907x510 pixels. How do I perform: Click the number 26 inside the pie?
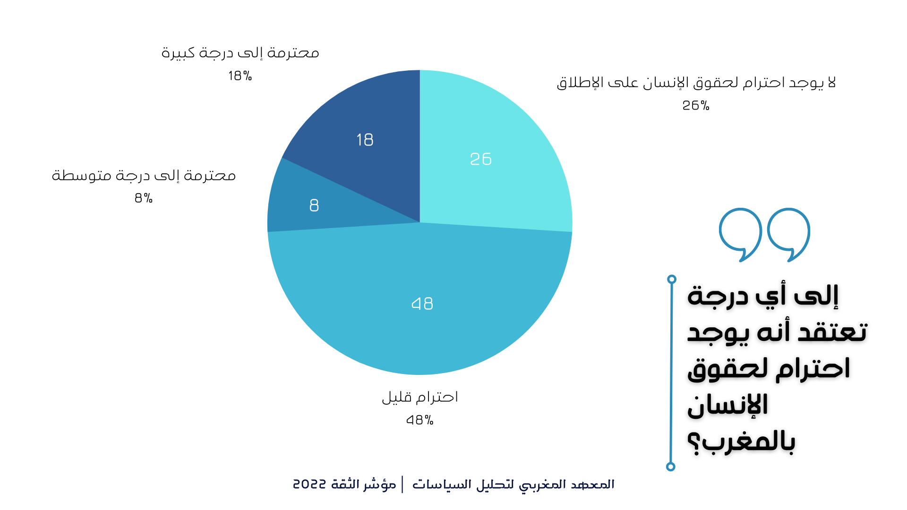(x=481, y=159)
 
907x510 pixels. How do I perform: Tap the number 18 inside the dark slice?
(x=365, y=140)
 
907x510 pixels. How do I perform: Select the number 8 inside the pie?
(x=314, y=205)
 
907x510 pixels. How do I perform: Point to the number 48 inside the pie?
(x=422, y=303)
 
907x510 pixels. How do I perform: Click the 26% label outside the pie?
(x=696, y=105)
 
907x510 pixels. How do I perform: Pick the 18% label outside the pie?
(x=240, y=76)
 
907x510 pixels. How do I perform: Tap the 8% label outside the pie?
(x=144, y=198)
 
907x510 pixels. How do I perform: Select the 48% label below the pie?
(x=419, y=420)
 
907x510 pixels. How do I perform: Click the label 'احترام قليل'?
(x=420, y=397)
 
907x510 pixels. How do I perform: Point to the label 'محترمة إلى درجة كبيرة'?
(x=240, y=52)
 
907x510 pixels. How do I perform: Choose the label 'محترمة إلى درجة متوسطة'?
(x=144, y=175)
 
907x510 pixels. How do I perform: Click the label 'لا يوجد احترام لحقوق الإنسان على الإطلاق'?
(x=696, y=83)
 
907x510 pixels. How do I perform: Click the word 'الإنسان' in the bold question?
(x=727, y=405)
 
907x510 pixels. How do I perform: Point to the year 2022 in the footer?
(x=309, y=484)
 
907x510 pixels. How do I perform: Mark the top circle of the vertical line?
(x=672, y=279)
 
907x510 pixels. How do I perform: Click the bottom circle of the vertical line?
(x=670, y=467)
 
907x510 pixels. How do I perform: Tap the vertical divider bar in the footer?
(x=402, y=484)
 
